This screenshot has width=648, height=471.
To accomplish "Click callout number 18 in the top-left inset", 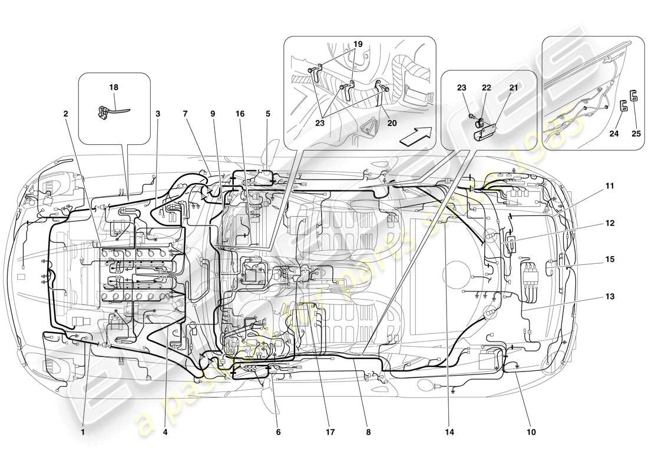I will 114,87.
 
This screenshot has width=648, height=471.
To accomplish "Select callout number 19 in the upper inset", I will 358,44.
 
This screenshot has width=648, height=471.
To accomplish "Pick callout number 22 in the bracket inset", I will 487,87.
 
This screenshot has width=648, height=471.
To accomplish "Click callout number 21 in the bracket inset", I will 514,87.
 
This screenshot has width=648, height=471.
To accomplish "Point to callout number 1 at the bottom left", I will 84,432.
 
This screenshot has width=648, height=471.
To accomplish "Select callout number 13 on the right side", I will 609,297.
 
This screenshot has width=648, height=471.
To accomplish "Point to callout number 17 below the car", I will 329,432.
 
